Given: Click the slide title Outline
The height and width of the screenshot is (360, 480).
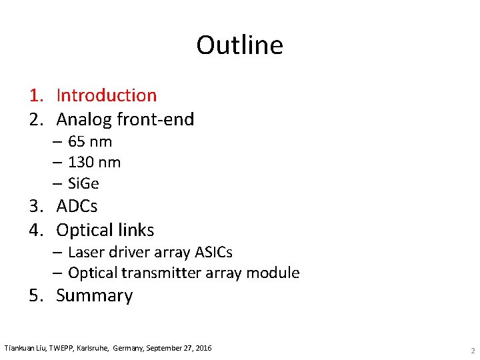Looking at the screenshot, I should [239, 45].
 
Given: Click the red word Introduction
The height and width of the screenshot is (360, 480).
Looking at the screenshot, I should [106, 95].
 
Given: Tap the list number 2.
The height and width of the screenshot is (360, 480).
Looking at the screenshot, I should [36, 119].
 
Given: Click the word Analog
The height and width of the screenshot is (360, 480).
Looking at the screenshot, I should [83, 119].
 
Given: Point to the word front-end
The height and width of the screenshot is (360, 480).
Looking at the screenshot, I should [155, 119].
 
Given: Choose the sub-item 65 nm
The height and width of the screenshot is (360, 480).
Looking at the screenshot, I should [90, 141].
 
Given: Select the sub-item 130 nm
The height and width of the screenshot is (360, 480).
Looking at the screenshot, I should [94, 162].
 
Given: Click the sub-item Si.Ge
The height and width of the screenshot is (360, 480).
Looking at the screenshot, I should [83, 183].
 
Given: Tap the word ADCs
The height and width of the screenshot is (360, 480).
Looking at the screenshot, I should [77, 206].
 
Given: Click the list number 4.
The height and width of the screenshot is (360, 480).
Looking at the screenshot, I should [36, 230].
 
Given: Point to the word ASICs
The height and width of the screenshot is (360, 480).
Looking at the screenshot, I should [211, 253].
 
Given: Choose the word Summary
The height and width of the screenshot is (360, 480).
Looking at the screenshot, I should [95, 295].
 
